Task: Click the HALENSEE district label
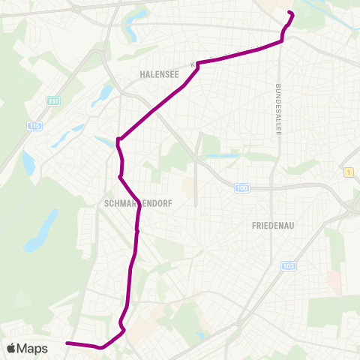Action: [157, 74]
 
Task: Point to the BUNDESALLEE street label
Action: [278, 109]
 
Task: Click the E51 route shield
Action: [52, 101]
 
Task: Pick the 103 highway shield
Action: [289, 266]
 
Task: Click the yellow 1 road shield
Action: [349, 172]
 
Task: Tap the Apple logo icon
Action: [11, 348]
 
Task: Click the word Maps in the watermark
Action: [32, 348]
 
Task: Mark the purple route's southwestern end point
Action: [67, 343]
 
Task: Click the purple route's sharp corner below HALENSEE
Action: [199, 64]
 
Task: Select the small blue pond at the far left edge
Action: [28, 162]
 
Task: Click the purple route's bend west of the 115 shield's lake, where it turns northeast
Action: [118, 139]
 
